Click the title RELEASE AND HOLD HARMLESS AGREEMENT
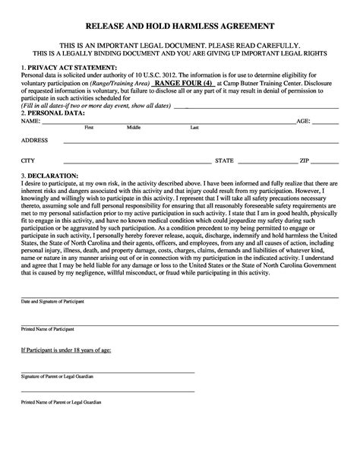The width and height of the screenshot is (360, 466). click(x=179, y=26)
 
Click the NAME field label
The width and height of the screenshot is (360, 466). click(x=30, y=121)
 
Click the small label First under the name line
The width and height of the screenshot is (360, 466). click(x=89, y=128)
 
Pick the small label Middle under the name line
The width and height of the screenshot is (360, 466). click(x=134, y=128)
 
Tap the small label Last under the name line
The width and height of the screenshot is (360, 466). click(x=195, y=128)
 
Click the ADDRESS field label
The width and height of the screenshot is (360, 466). click(x=35, y=141)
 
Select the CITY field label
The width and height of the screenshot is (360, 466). click(x=28, y=161)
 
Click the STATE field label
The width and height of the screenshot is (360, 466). click(x=225, y=161)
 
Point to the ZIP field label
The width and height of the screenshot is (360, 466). click(x=304, y=161)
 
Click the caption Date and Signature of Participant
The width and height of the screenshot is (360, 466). click(x=52, y=303)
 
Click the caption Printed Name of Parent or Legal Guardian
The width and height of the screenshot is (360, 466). click(x=62, y=401)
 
